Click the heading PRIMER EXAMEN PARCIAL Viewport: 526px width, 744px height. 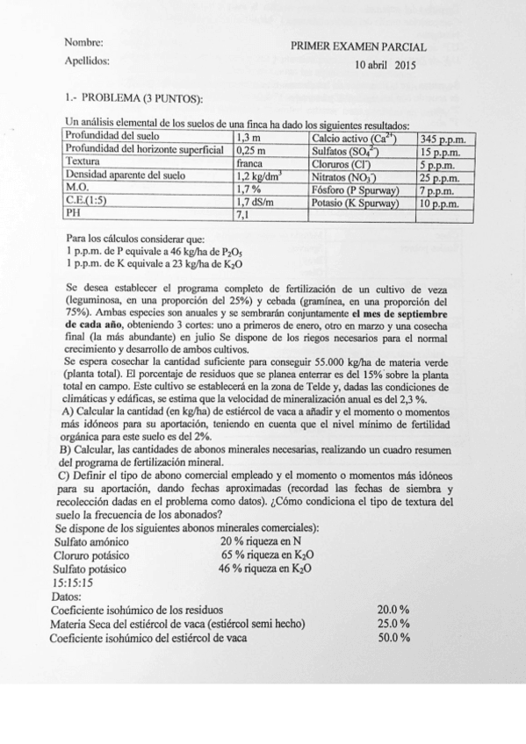[x=358, y=47]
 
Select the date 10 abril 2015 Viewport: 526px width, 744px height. [x=385, y=65]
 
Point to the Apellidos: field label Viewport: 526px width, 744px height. [x=89, y=61]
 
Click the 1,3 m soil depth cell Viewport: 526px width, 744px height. [x=249, y=138]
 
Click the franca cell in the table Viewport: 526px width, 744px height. [x=252, y=162]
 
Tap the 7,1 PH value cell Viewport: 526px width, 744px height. [x=244, y=213]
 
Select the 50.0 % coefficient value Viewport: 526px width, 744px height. [x=393, y=637]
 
